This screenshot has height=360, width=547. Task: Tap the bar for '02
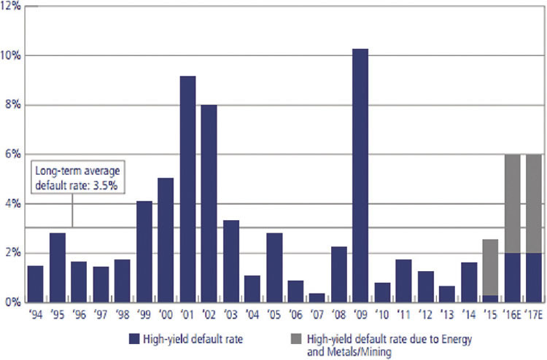click(209, 203)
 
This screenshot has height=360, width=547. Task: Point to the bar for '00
click(166, 240)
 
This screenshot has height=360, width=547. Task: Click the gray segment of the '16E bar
click(512, 203)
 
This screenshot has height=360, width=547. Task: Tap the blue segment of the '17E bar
click(534, 277)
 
